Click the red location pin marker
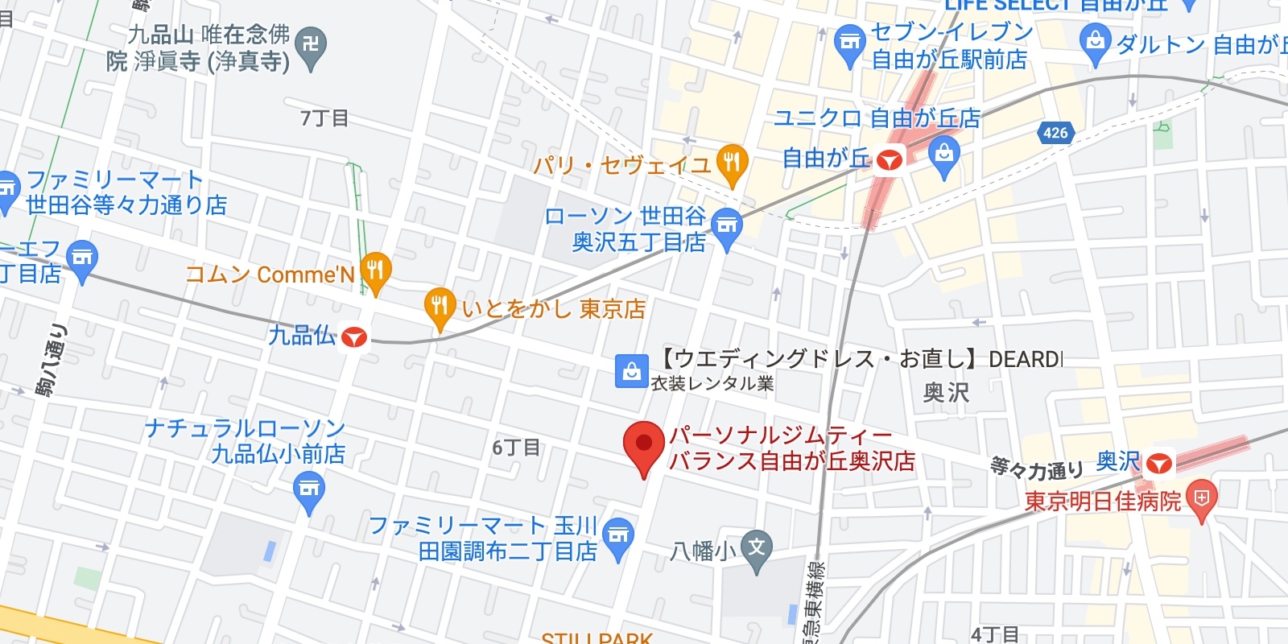click(x=643, y=445)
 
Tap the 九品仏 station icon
click(x=354, y=336)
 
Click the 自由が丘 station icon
click(x=889, y=160)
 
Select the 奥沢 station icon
click(x=1159, y=463)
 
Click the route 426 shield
click(x=1055, y=133)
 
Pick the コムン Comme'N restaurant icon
click(x=376, y=270)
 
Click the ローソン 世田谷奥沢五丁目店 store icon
click(x=727, y=225)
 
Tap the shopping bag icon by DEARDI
click(x=632, y=371)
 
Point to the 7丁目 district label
click(x=324, y=118)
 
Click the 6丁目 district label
click(x=516, y=448)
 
